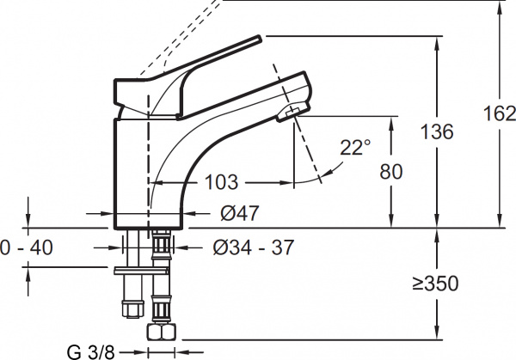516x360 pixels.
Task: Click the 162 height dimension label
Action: (x=499, y=114)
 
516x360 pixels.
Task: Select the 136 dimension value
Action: (x=437, y=131)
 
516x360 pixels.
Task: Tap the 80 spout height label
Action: (x=391, y=172)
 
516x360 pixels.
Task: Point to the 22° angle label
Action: (x=355, y=147)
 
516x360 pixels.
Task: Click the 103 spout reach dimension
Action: (x=221, y=182)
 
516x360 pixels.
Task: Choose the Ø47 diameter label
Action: (x=240, y=213)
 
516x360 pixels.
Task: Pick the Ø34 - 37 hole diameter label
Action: (x=253, y=247)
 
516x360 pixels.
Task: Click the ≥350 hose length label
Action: (x=436, y=284)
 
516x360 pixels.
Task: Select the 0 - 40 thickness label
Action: (x=27, y=247)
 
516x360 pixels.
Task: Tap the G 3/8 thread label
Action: (x=91, y=352)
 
